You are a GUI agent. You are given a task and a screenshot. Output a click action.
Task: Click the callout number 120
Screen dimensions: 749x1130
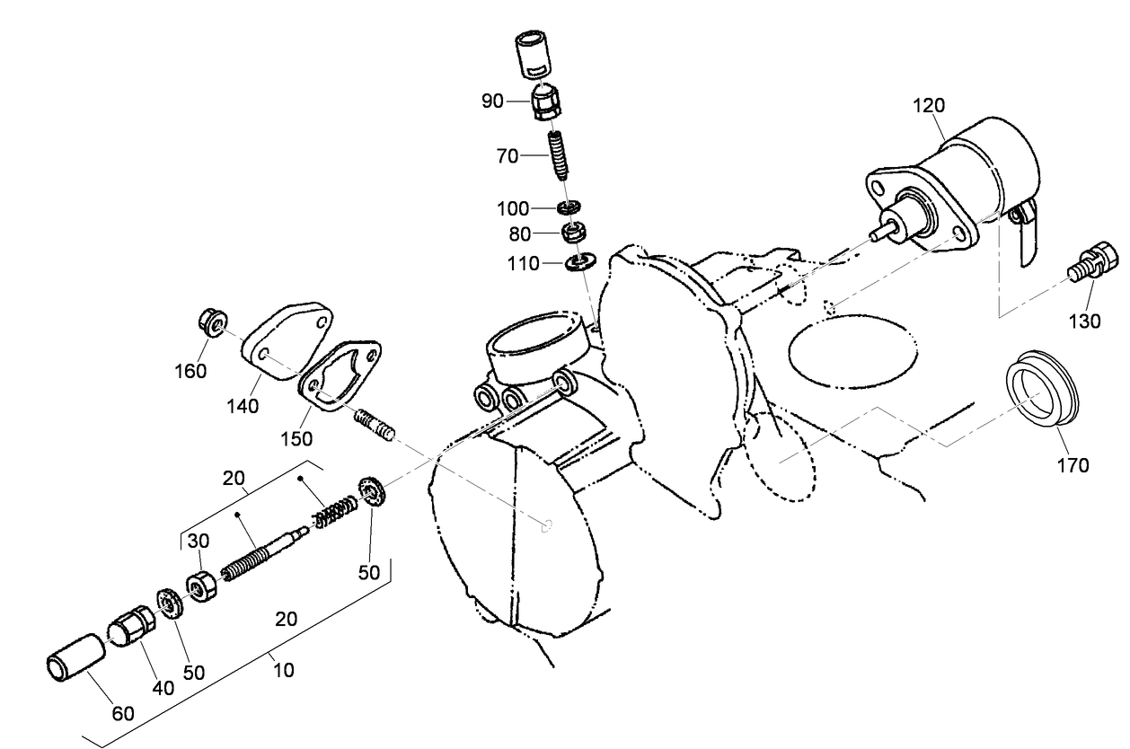point(929,105)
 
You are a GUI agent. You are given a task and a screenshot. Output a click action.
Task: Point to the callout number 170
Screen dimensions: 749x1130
point(1073,465)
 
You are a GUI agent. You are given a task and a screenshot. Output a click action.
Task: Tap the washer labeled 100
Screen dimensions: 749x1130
point(568,209)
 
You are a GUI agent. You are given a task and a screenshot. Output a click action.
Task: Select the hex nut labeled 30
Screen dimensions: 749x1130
point(201,588)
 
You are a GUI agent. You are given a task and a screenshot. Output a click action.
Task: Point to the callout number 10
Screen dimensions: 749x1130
point(285,670)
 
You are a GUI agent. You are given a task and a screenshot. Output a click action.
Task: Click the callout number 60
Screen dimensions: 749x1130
point(122,714)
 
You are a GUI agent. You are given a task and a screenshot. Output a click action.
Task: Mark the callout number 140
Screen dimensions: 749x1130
point(243,406)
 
